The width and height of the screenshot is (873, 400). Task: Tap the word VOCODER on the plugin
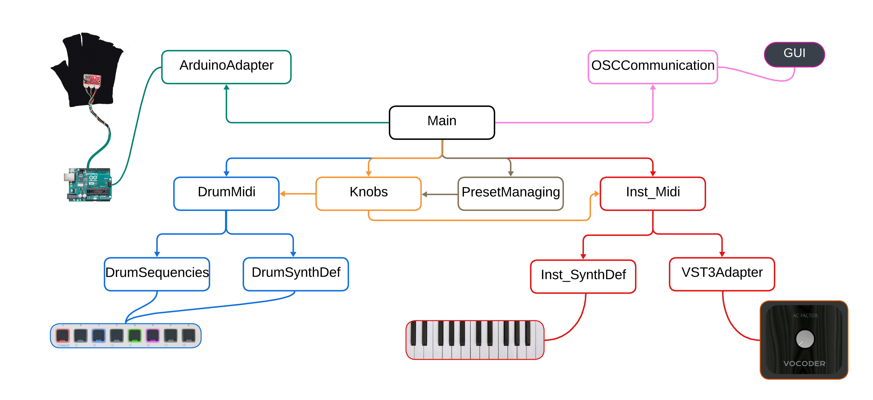[804, 363]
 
